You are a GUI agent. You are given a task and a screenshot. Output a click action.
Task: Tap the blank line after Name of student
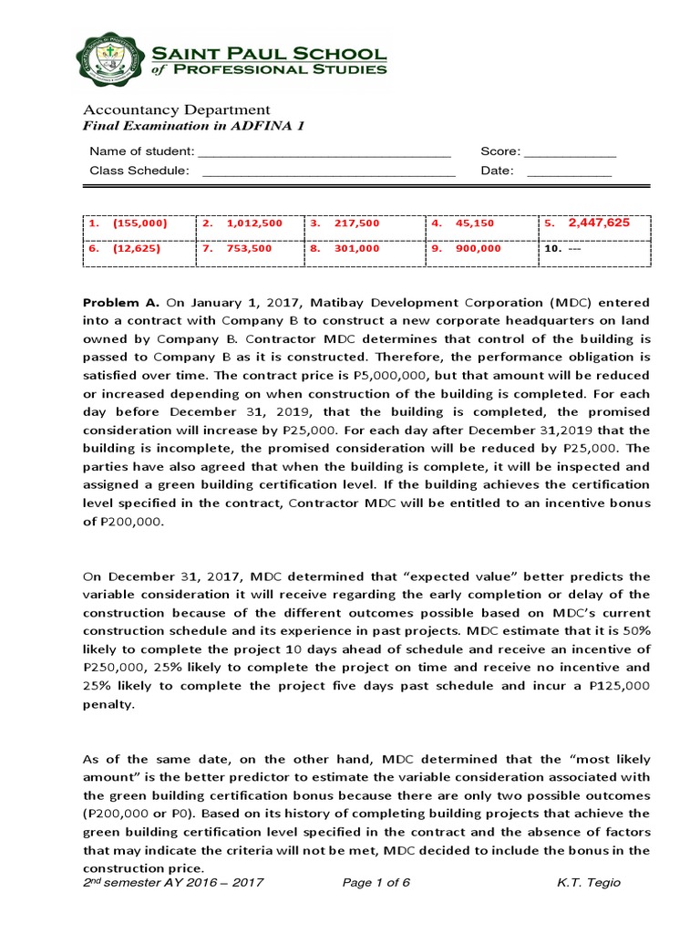coord(324,152)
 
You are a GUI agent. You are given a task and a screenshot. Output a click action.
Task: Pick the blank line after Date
coord(570,171)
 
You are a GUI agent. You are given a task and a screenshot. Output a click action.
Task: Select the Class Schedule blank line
coord(328,171)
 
